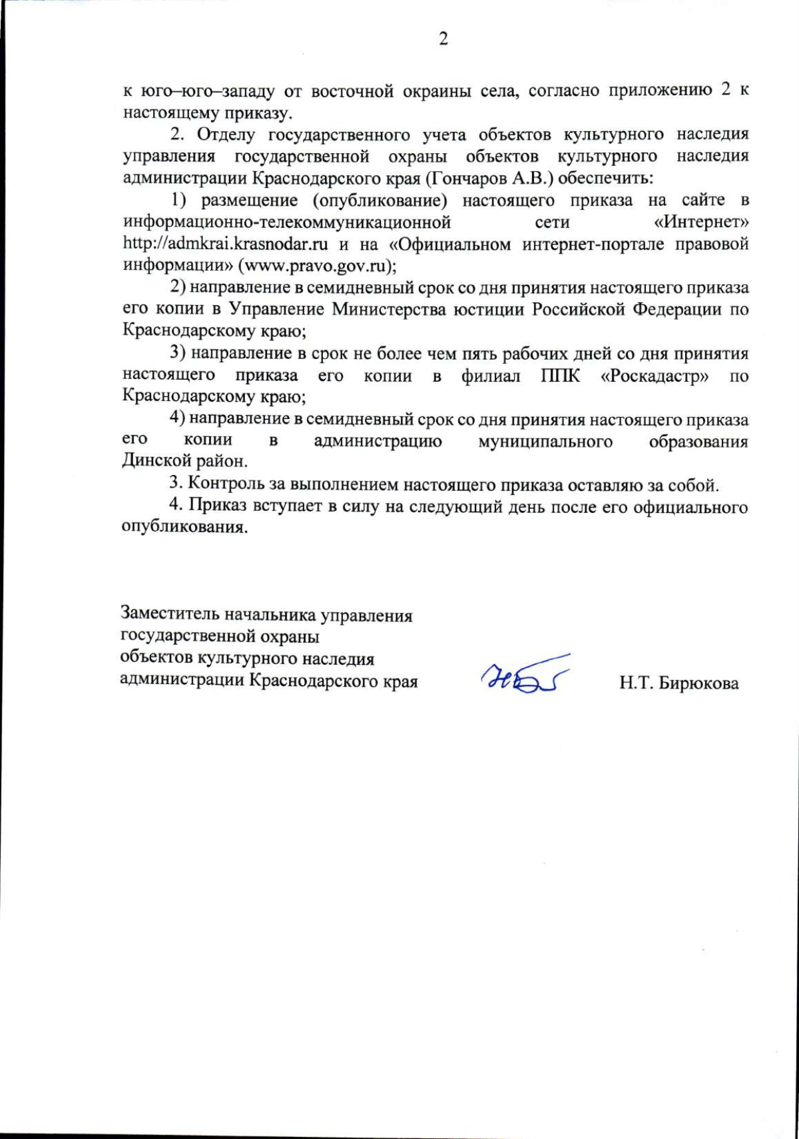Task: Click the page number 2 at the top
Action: click(x=443, y=39)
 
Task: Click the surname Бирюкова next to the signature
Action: click(x=698, y=684)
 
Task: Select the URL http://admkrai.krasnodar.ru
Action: click(x=225, y=244)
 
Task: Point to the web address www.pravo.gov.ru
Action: click(x=317, y=266)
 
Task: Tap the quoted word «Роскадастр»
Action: click(x=655, y=376)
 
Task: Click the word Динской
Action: click(x=156, y=461)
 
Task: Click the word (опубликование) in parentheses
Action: click(x=380, y=200)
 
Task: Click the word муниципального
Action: click(x=545, y=441)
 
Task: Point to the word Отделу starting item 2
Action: click(x=226, y=134)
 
